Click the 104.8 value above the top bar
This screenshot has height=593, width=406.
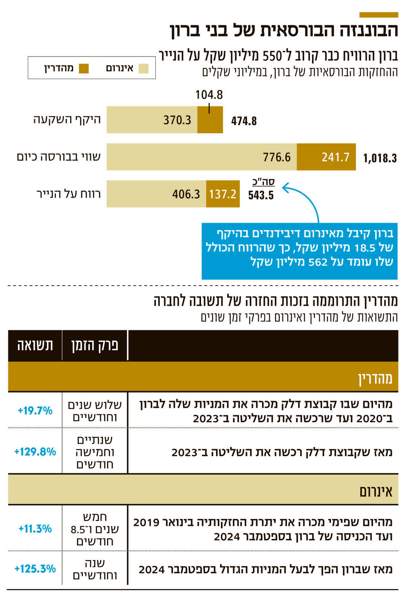coord(209,95)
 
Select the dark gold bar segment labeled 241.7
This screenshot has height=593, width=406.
coord(326,157)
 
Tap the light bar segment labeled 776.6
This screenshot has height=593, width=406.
coord(201,157)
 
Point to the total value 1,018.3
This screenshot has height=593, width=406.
coord(380,158)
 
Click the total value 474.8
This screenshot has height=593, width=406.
coord(244,121)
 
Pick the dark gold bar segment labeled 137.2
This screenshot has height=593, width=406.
coord(223,194)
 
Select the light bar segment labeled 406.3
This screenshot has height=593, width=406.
coord(156,194)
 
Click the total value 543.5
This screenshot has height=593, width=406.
coord(261,195)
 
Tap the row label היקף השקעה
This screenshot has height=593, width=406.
coord(67,120)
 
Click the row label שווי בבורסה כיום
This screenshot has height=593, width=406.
coord(59,157)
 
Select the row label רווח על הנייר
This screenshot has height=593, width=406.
coord(69,194)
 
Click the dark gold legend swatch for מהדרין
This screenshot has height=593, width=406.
coord(84,69)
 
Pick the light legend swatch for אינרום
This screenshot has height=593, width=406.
coord(144,69)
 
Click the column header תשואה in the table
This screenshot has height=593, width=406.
coord(35,345)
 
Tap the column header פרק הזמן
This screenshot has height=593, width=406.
coord(95,345)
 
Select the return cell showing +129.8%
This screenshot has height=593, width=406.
coord(35,452)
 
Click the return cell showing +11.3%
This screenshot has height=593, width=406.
coord(35,528)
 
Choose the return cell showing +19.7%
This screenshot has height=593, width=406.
coord(35,411)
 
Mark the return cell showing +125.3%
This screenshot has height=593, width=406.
coord(35,569)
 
